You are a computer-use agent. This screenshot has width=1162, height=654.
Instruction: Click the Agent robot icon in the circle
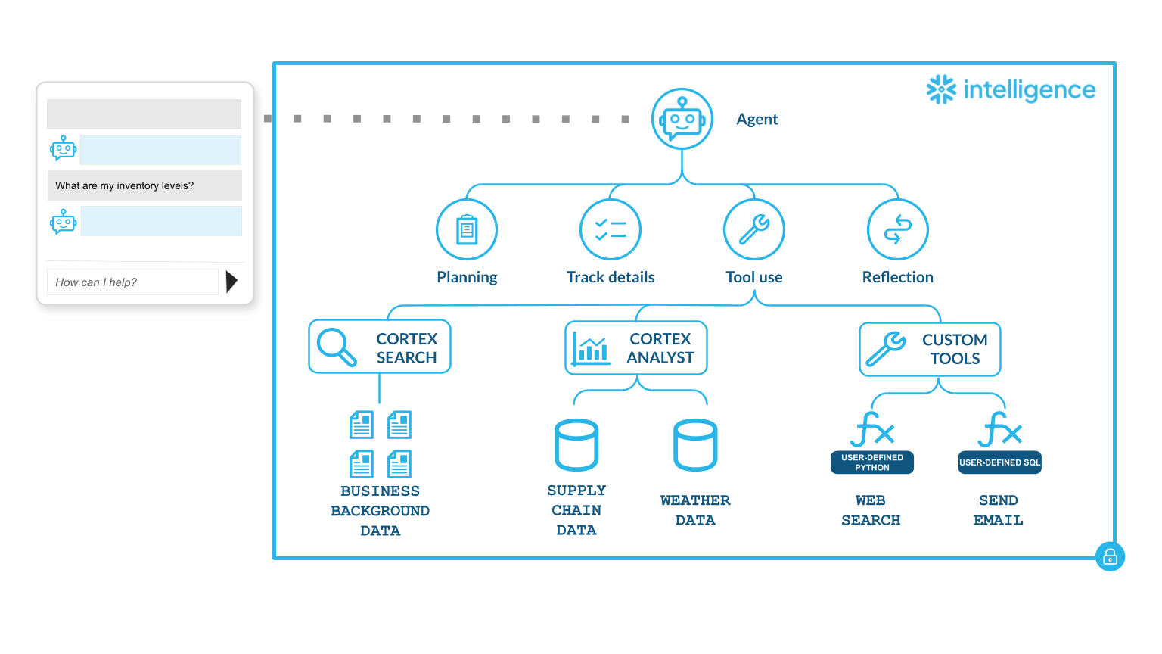[682, 119]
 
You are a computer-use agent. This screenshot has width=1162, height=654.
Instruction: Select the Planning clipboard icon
[467, 229]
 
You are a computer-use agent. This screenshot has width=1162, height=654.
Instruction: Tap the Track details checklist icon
[611, 229]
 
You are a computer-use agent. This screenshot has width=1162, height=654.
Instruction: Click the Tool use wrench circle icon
[754, 229]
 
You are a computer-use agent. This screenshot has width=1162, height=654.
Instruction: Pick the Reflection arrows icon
[898, 229]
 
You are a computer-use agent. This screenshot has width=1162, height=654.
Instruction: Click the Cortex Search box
[380, 347]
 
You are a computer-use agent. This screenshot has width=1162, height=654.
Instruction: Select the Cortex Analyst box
[636, 348]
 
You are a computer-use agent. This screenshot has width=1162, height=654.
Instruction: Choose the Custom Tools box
[930, 349]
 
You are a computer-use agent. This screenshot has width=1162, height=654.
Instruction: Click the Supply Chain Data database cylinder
[576, 445]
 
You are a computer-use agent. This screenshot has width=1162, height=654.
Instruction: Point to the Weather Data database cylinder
[695, 445]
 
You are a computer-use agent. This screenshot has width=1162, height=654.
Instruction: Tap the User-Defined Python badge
[872, 462]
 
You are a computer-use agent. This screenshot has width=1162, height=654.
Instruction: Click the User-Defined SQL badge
[1000, 462]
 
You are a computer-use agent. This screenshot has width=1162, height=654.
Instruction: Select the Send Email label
[999, 510]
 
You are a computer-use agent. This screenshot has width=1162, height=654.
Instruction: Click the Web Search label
[871, 510]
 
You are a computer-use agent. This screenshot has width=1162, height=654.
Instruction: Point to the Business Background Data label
[380, 511]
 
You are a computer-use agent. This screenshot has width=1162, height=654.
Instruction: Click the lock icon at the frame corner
[1110, 557]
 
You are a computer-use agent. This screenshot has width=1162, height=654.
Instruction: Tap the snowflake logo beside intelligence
[942, 89]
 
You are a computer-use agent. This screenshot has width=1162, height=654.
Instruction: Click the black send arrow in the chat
[231, 282]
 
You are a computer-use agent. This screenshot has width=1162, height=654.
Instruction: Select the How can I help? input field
[132, 282]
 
